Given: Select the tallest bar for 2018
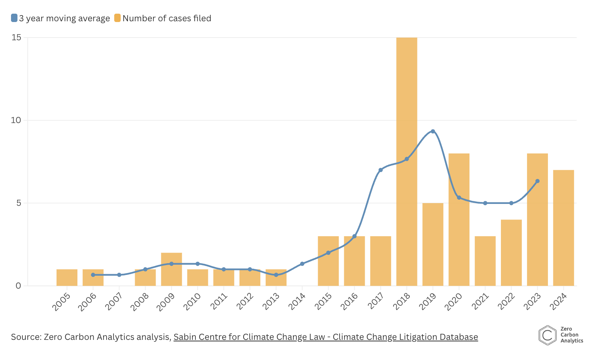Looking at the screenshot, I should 406,161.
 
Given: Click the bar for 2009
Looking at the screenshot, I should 172,269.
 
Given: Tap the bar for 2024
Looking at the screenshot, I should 564,228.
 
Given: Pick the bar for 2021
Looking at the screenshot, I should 485,261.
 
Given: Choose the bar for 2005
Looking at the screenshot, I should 67,278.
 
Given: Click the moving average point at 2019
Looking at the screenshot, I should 433,131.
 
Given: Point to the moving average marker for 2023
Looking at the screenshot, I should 537,181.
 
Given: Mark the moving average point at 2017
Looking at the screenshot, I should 381,170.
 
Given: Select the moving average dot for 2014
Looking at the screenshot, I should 302,264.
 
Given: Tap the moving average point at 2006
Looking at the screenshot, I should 93,275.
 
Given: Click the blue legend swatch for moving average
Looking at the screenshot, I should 14,18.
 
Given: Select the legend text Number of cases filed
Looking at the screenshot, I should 167,18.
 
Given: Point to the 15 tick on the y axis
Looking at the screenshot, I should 16,38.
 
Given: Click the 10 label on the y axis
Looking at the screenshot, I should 16,120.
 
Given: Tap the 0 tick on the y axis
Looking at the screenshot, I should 19,286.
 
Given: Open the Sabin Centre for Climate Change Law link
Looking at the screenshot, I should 326,337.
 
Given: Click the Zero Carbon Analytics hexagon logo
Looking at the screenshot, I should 547,335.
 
